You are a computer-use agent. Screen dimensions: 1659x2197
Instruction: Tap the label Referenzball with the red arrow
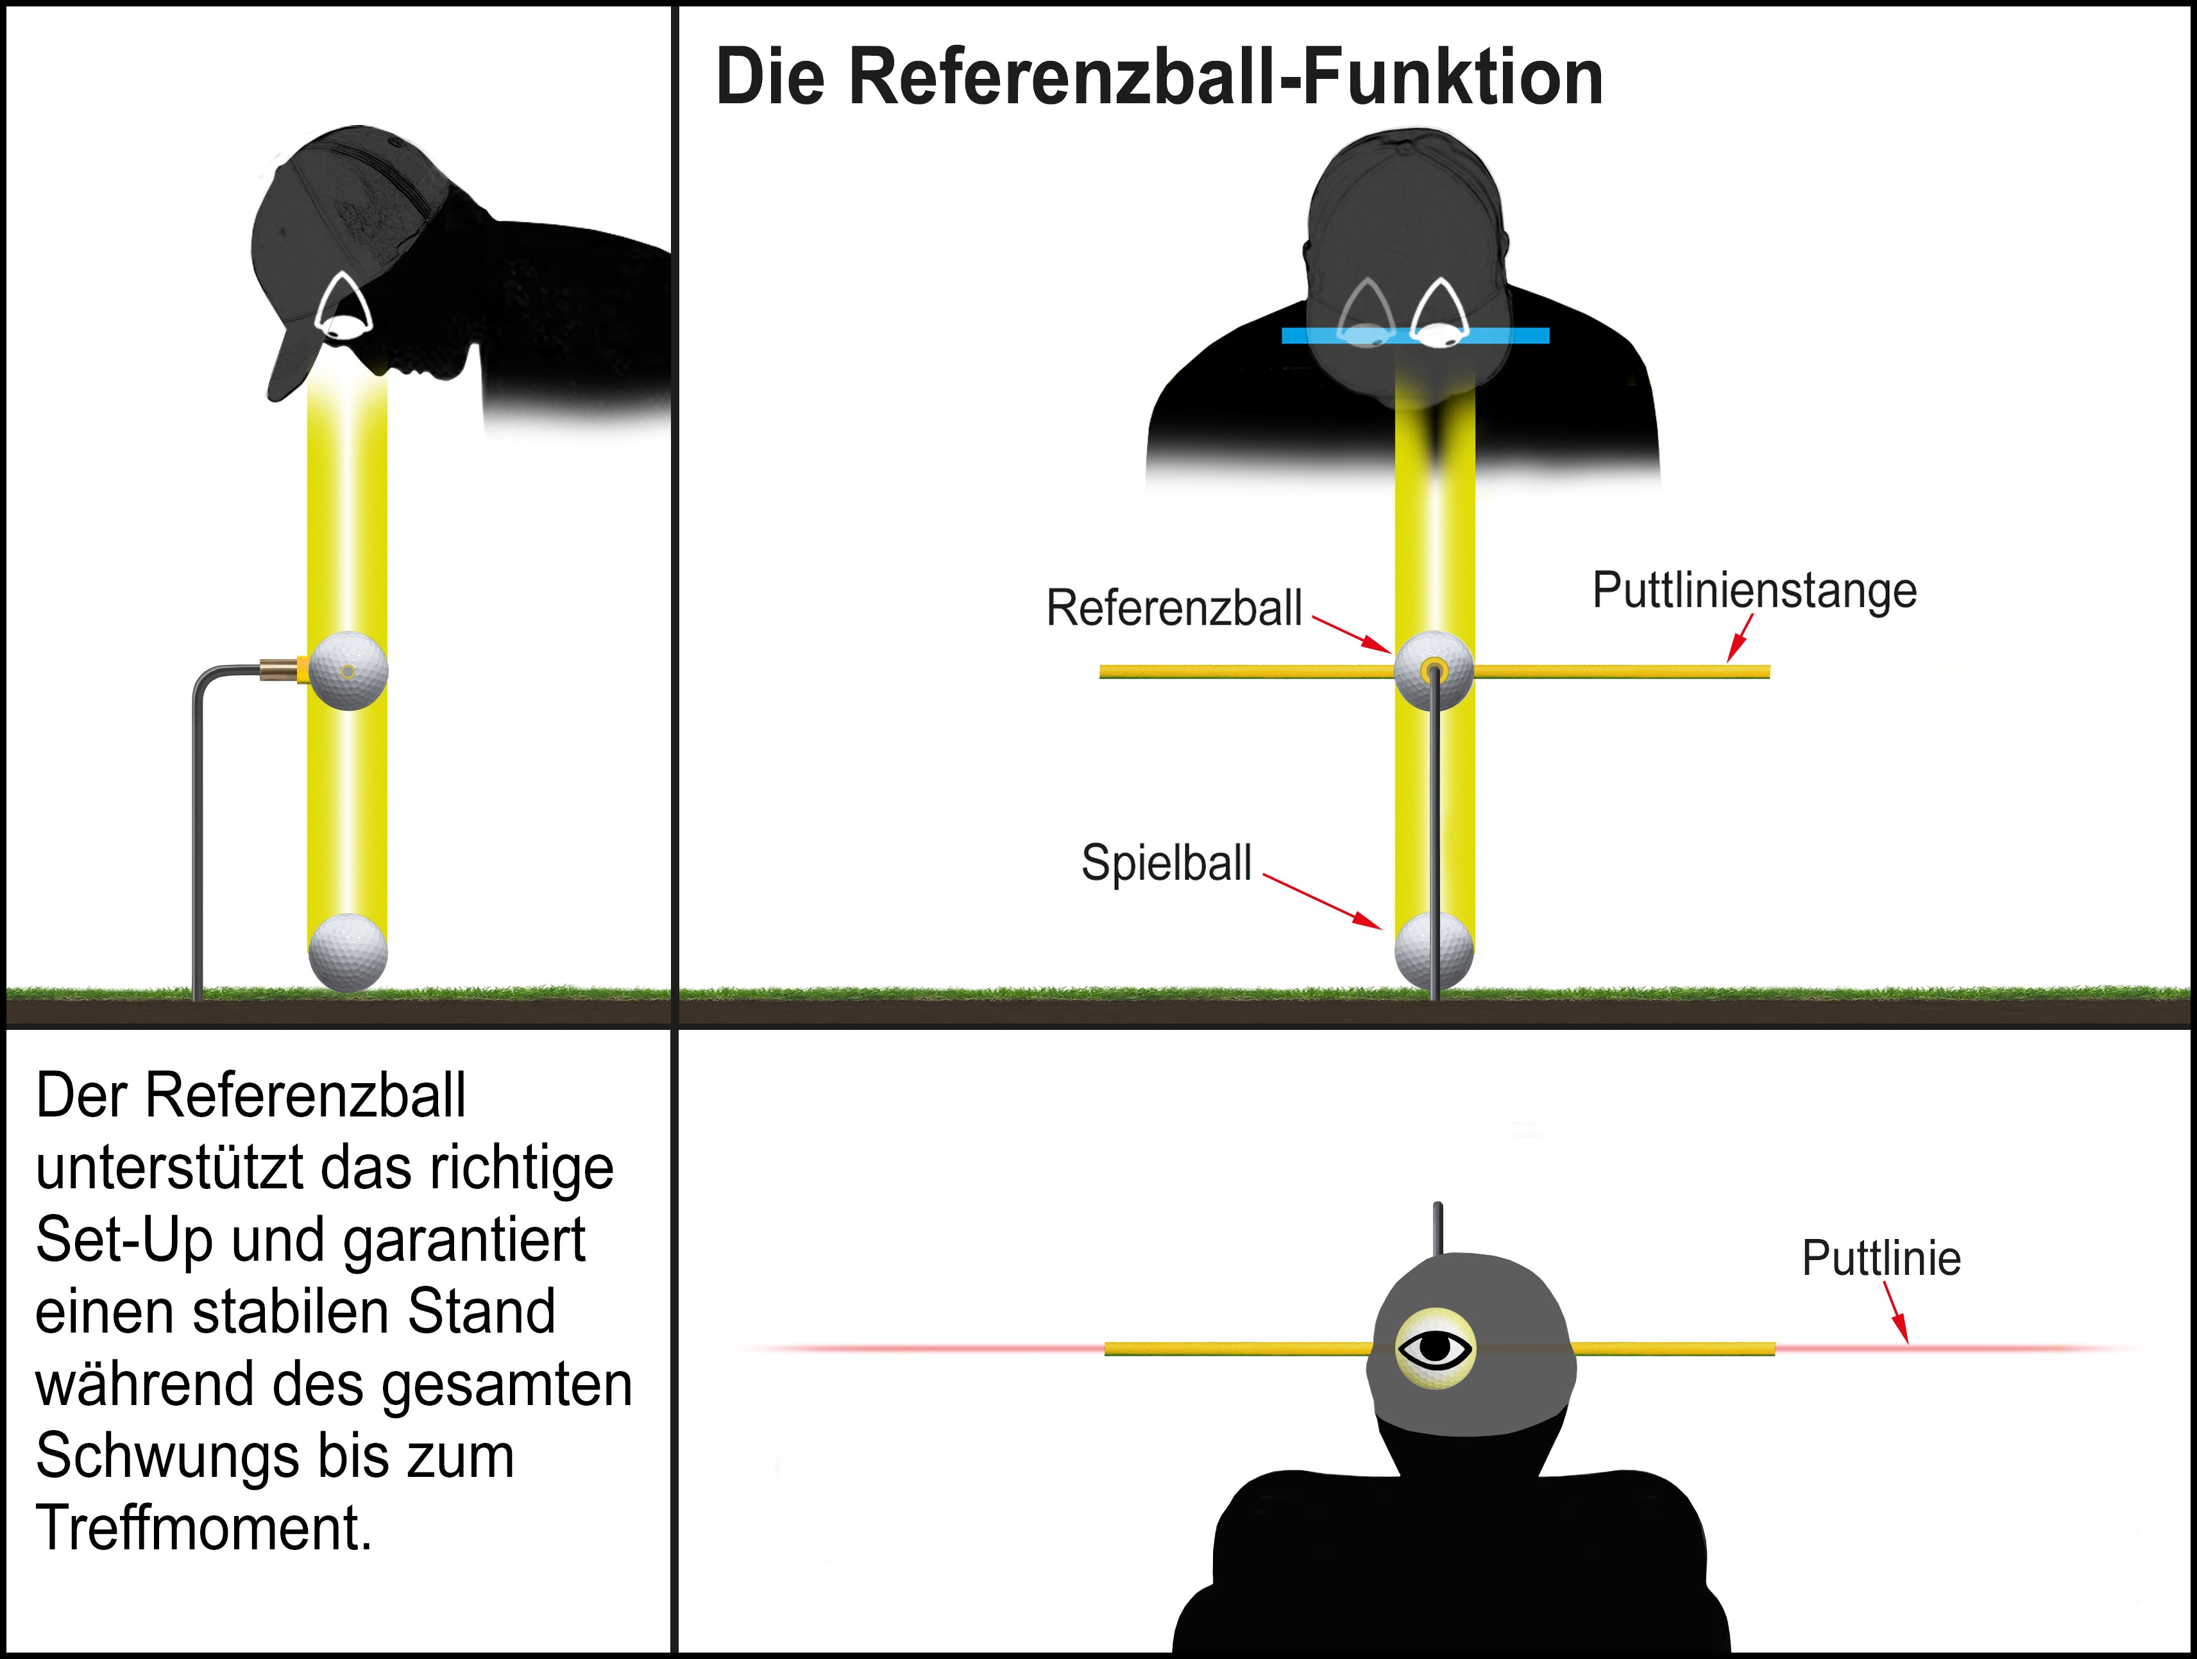point(1173,607)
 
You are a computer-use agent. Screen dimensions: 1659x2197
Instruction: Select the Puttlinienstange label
point(1754,590)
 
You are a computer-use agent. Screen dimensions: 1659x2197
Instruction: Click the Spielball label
point(1166,862)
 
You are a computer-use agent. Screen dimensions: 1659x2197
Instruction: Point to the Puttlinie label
point(1881,1259)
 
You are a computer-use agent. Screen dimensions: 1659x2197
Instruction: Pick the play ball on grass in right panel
point(1433,951)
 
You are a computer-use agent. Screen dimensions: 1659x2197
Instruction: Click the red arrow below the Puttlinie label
point(1896,1313)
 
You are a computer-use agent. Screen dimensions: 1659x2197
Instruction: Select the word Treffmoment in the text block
point(203,1528)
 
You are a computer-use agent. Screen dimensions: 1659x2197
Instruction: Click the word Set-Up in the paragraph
point(124,1240)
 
